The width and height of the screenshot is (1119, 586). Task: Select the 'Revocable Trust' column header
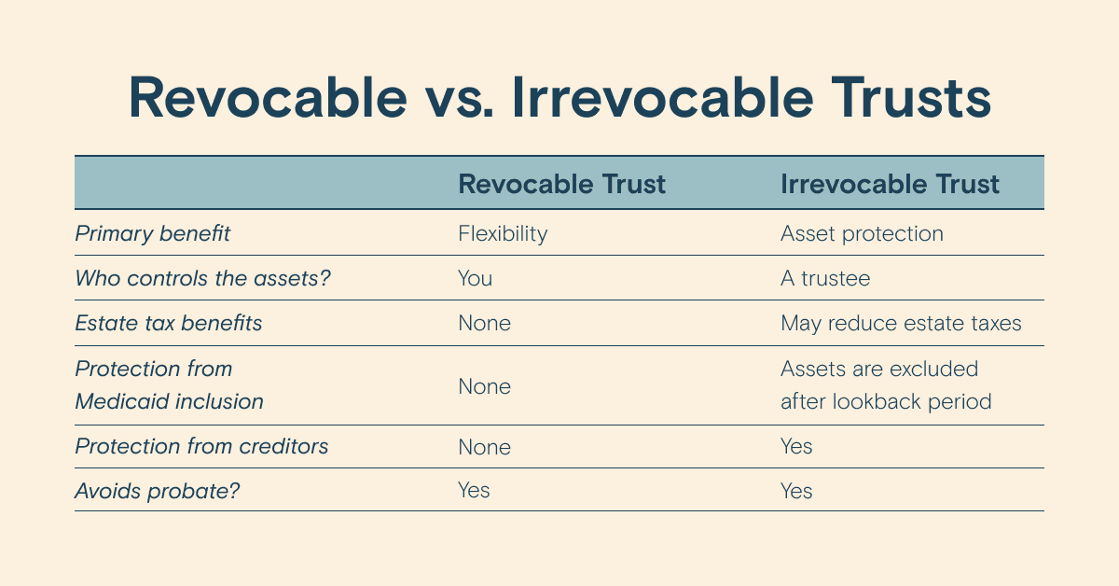561,184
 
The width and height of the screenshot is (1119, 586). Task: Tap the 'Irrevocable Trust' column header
890,184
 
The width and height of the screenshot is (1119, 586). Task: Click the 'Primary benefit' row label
152,233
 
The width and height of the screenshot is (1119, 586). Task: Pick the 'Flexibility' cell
503,233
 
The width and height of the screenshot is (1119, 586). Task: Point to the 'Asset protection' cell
862,233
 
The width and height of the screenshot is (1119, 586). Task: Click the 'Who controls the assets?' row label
203,278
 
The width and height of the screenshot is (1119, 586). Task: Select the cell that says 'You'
475,278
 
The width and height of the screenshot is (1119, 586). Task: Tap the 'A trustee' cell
825,278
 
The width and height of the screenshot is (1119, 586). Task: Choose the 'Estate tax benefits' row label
169,323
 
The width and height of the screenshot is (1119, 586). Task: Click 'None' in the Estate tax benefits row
485,323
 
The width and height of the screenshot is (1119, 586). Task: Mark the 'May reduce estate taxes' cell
901,324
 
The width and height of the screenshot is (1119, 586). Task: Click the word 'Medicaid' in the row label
121,401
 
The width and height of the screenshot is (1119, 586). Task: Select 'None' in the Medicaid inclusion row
485,386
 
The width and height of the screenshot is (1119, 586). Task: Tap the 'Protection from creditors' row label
201,446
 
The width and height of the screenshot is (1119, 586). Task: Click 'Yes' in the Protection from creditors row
796,446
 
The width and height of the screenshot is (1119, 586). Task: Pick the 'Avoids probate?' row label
158,491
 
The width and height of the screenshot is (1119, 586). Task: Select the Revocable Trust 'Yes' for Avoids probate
474,490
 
